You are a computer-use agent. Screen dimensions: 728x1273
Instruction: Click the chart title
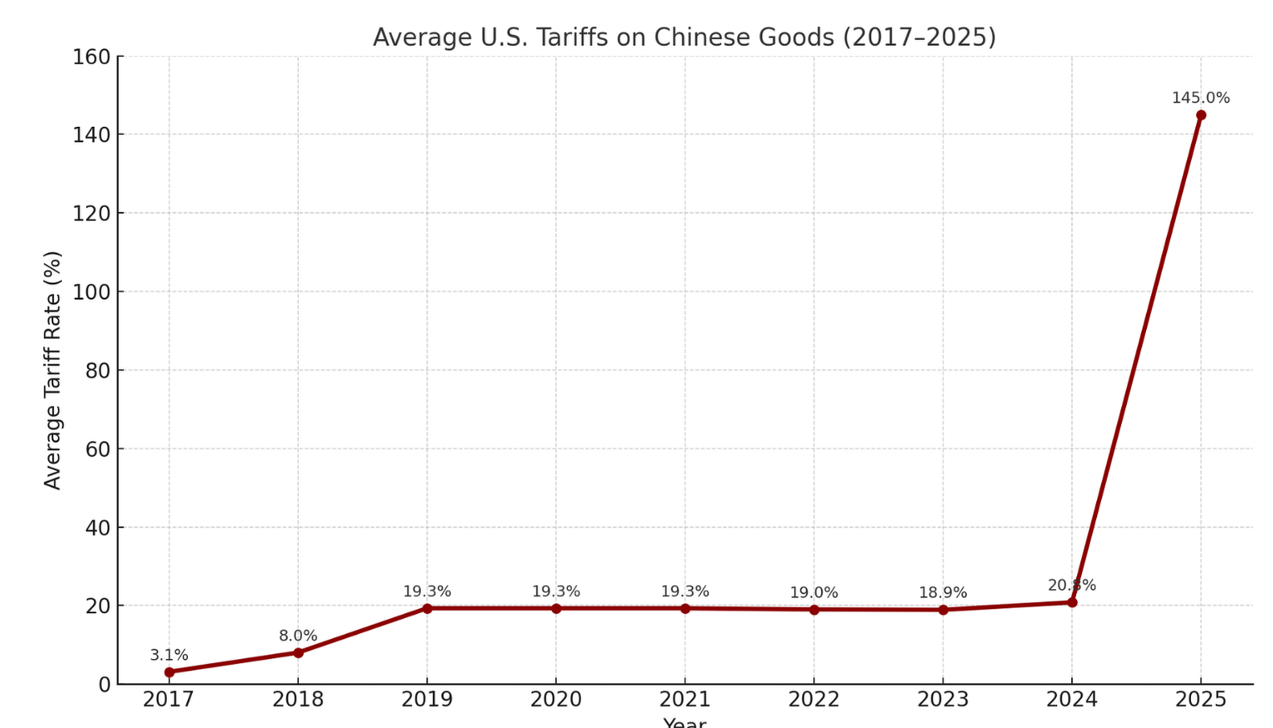click(684, 38)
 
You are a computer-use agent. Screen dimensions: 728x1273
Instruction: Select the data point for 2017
click(169, 672)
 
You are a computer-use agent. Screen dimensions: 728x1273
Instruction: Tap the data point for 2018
click(298, 652)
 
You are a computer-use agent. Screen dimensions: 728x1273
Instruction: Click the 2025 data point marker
click(1201, 115)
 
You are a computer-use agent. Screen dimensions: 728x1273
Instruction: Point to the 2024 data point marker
click(1072, 602)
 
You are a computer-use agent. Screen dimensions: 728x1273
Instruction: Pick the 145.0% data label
click(1201, 98)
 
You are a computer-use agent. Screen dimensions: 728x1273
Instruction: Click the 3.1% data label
click(169, 655)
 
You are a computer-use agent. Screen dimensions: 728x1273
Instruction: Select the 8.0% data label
click(298, 636)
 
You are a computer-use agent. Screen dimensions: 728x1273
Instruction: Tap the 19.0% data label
click(813, 593)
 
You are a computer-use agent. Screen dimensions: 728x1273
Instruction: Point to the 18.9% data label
click(943, 593)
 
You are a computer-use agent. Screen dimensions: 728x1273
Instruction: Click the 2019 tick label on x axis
click(427, 700)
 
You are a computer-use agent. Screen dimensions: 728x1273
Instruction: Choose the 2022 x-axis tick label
click(813, 700)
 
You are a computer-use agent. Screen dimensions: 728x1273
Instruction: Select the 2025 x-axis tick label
click(1201, 700)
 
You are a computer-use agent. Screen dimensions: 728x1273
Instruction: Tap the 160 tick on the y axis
click(91, 57)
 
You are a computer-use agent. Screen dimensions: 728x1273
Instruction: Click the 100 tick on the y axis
click(91, 292)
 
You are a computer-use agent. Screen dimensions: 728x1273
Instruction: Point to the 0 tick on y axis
click(104, 685)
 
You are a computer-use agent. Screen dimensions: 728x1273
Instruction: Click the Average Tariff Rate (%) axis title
click(52, 370)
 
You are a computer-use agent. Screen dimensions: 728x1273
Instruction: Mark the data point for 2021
click(685, 608)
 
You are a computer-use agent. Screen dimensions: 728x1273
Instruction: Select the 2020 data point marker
click(556, 608)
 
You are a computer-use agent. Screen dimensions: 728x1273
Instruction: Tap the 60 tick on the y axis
click(96, 449)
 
